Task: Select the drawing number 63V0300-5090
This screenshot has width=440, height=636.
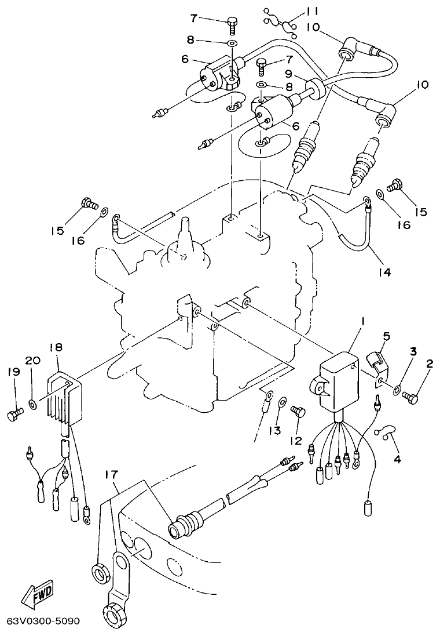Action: click(x=42, y=621)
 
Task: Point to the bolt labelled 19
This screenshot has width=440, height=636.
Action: click(x=14, y=414)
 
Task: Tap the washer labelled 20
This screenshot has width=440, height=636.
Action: click(x=32, y=402)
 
